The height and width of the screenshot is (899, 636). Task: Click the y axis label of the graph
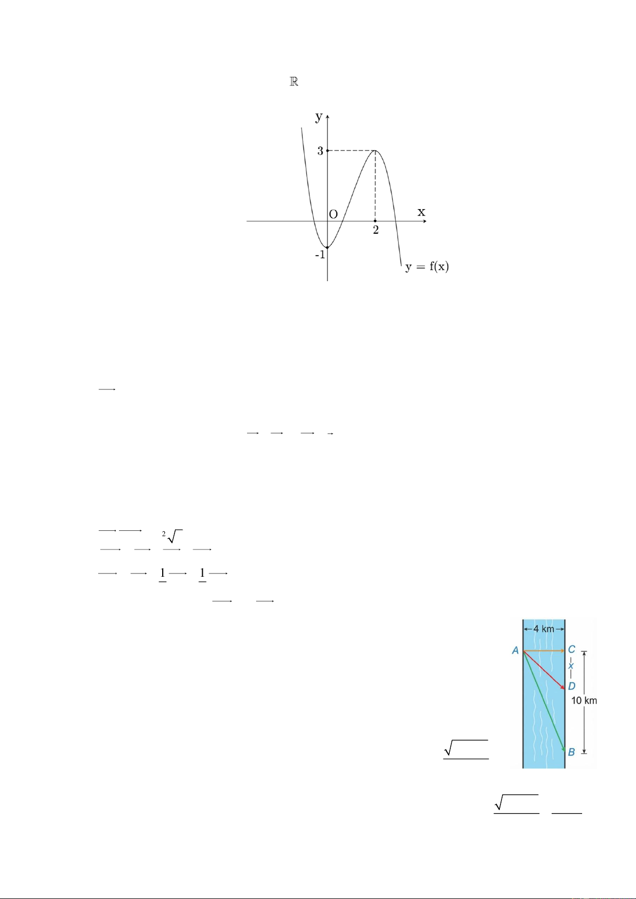point(319,117)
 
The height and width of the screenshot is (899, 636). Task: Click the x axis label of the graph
point(421,211)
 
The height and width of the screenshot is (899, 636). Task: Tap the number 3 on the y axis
point(320,151)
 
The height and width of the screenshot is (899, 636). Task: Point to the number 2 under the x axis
point(376,230)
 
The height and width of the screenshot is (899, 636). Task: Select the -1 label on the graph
point(320,255)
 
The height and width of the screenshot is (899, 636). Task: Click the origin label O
point(333,214)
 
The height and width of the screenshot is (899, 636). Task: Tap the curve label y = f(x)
point(427,267)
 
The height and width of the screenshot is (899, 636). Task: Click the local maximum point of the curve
point(375,150)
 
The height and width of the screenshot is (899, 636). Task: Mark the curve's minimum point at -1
point(328,248)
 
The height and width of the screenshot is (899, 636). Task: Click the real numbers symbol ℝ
point(294,82)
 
